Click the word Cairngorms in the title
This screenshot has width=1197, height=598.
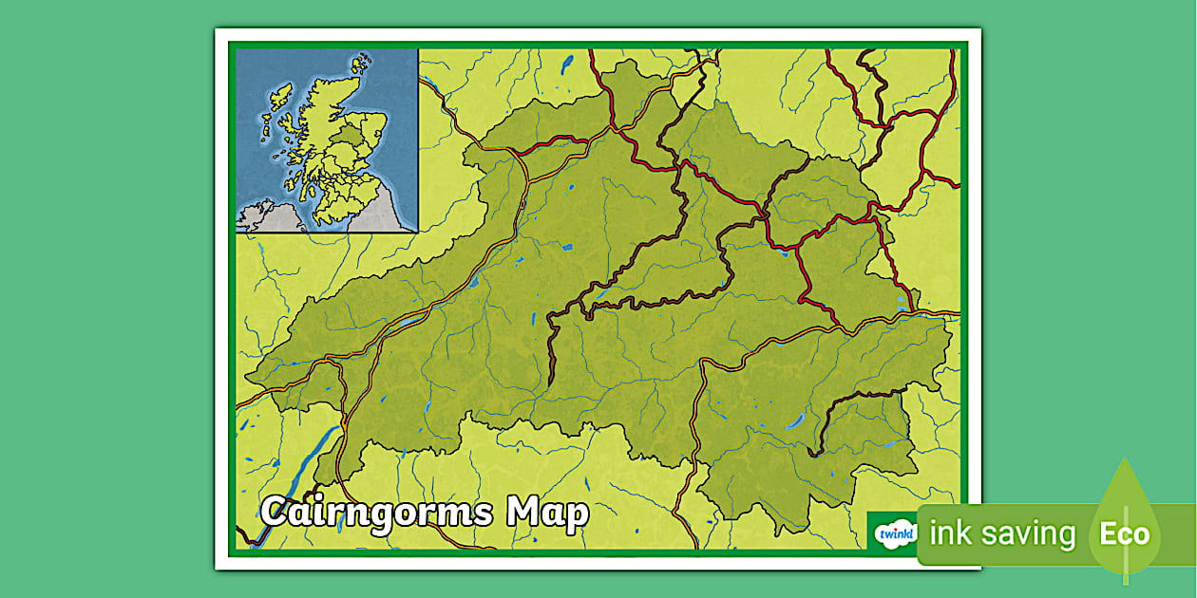click(377, 513)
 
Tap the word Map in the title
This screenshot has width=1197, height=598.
click(548, 513)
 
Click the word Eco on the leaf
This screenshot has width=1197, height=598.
click(1125, 534)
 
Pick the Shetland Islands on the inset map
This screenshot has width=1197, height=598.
click(360, 65)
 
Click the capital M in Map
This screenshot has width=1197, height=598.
click(523, 513)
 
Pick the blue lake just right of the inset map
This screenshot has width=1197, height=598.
click(567, 64)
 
